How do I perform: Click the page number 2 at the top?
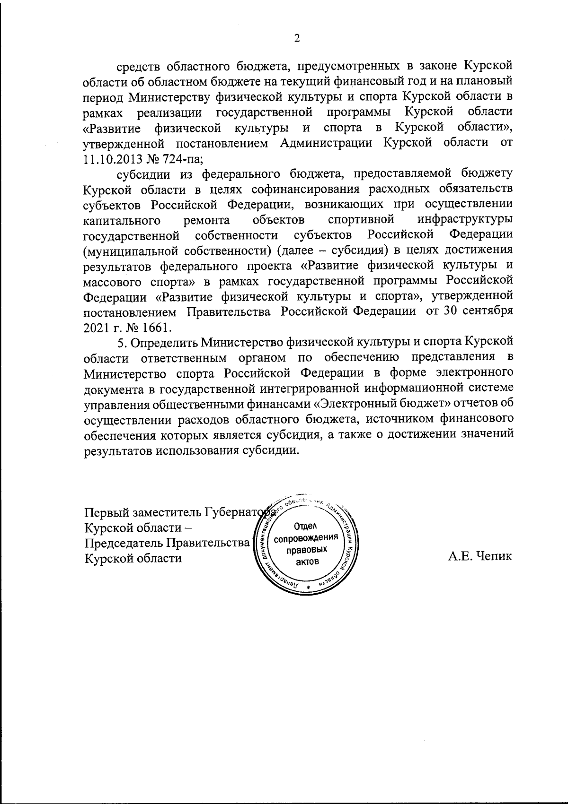click(297, 39)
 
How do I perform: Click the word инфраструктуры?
click(466, 220)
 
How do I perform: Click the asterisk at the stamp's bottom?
click(308, 588)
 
